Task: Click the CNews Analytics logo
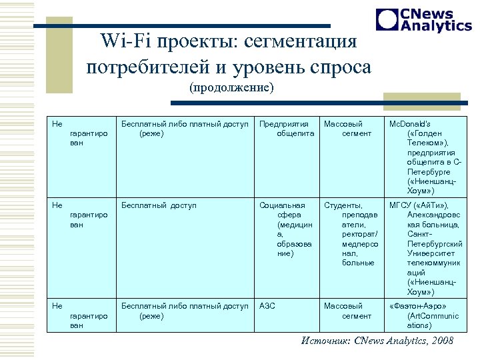click(423, 20)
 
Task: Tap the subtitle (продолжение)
click(231, 87)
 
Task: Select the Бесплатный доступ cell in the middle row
click(158, 205)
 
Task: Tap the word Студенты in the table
click(343, 205)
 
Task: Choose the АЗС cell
click(267, 306)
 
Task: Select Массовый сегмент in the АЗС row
click(347, 311)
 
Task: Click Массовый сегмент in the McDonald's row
click(347, 129)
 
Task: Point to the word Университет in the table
click(434, 253)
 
